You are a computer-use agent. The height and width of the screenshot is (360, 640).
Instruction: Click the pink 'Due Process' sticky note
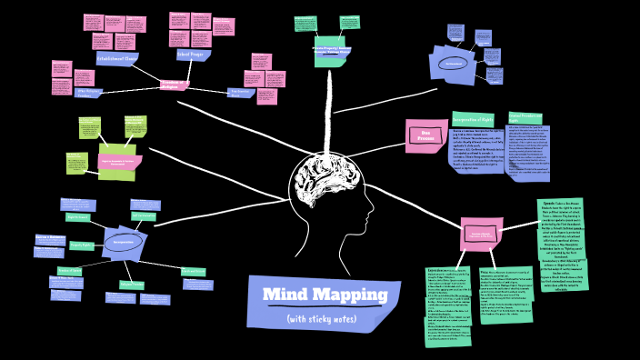[x=425, y=135]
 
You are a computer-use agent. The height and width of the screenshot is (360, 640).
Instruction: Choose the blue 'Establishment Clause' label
[x=117, y=58]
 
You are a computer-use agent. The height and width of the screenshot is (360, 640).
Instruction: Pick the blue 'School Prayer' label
[x=193, y=55]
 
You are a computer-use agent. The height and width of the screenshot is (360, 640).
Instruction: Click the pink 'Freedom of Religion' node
[x=174, y=84]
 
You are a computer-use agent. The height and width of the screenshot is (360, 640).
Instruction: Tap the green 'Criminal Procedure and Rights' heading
[x=525, y=118]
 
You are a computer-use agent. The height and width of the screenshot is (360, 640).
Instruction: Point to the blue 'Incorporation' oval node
[x=123, y=243]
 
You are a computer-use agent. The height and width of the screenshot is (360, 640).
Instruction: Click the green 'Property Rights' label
[x=82, y=245]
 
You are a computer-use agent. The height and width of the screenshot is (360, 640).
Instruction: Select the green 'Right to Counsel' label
[x=77, y=217]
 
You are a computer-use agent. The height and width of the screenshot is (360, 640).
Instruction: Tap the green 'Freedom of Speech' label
[x=69, y=270]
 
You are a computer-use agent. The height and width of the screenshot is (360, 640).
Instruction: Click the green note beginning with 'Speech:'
[x=562, y=243]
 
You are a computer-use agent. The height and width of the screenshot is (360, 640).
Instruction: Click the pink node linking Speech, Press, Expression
[x=480, y=234]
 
